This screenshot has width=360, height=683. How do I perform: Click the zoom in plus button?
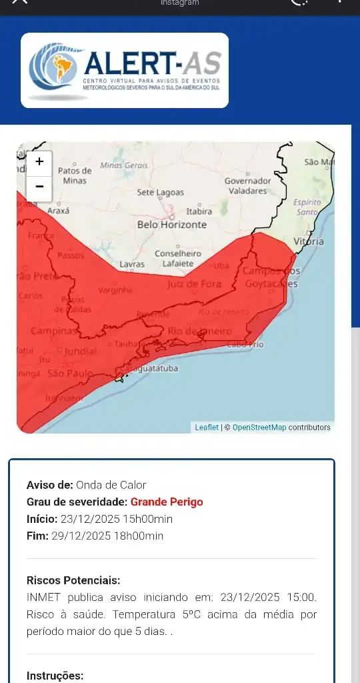pyautogui.click(x=39, y=161)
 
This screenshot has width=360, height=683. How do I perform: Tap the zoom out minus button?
pyautogui.click(x=39, y=187)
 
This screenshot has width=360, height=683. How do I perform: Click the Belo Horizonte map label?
pyautogui.click(x=172, y=225)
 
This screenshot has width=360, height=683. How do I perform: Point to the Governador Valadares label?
pyautogui.click(x=247, y=185)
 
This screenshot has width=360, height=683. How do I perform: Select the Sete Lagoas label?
pyautogui.click(x=160, y=192)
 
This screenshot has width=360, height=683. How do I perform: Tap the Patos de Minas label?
pyautogui.click(x=75, y=175)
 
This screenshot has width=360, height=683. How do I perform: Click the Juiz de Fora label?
pyautogui.click(x=194, y=284)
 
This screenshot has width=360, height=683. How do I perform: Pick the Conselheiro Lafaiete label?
pyautogui.click(x=178, y=259)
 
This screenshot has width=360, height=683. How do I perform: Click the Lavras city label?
pyautogui.click(x=132, y=265)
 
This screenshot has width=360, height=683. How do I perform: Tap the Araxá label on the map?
pyautogui.click(x=59, y=210)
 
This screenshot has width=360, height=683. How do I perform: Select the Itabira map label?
pyautogui.click(x=199, y=211)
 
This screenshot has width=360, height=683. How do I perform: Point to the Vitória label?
pyautogui.click(x=309, y=241)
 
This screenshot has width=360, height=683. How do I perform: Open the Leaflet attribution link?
pyautogui.click(x=207, y=428)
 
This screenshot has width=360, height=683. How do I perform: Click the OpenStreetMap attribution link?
pyautogui.click(x=259, y=428)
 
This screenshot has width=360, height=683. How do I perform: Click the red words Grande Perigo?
pyautogui.click(x=167, y=502)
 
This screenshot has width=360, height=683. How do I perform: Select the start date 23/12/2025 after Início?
pyautogui.click(x=87, y=519)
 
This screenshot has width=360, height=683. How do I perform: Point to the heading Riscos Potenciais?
pyautogui.click(x=73, y=580)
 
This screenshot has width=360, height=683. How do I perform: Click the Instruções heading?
pyautogui.click(x=55, y=676)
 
